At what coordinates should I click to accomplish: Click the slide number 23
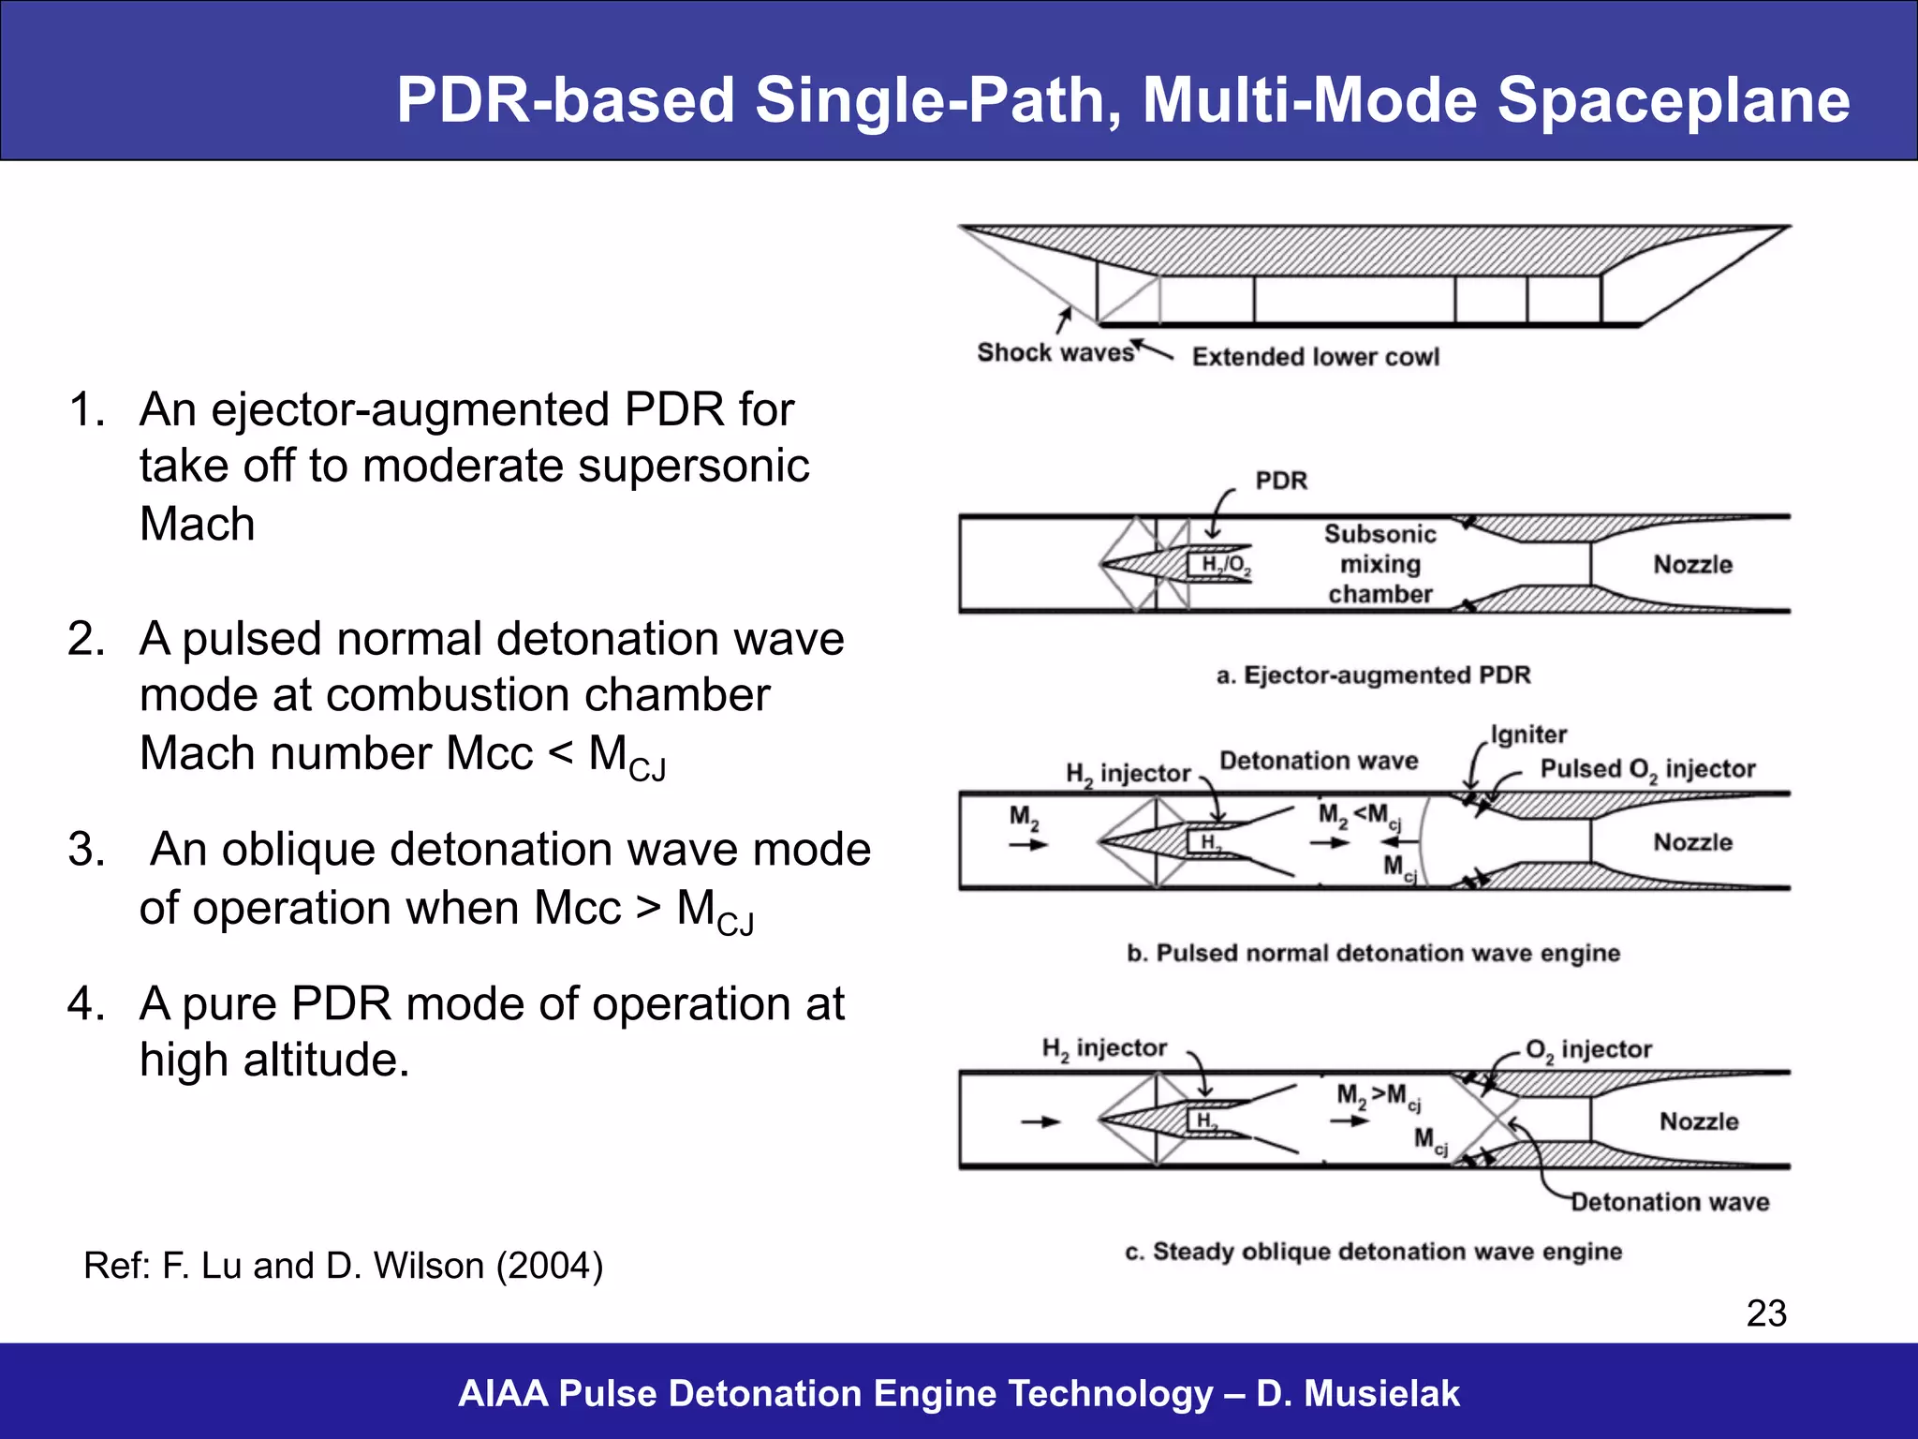point(1766,1313)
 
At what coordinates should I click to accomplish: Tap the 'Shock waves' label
point(1055,353)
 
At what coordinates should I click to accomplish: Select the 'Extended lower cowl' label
point(1315,357)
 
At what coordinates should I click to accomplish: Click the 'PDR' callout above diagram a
point(1280,481)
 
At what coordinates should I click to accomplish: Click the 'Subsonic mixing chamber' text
point(1379,564)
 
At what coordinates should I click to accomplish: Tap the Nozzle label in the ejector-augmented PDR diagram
point(1692,565)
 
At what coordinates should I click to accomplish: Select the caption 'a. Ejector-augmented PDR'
point(1373,675)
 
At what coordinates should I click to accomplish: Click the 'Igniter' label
point(1528,734)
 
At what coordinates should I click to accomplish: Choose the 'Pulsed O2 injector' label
point(1647,769)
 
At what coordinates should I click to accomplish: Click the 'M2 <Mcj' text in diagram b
point(1359,815)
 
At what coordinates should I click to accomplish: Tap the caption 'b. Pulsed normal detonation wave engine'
point(1373,954)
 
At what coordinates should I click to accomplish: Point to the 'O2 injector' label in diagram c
point(1588,1050)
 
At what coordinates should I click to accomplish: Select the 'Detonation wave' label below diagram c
point(1670,1202)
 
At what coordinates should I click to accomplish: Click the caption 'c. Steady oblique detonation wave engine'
point(1373,1253)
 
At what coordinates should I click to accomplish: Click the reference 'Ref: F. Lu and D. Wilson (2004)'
point(343,1266)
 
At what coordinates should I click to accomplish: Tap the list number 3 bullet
point(86,850)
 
